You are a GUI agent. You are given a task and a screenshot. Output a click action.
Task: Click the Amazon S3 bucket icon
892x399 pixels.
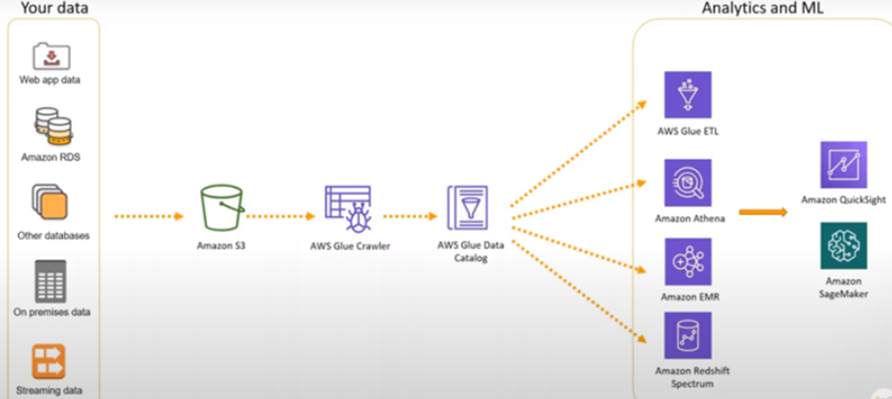(220, 210)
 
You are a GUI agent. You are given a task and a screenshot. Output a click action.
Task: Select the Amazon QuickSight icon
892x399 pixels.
(843, 165)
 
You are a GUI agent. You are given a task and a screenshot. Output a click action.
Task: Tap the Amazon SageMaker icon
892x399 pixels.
(843, 246)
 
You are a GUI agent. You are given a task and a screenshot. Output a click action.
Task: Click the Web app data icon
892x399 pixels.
(49, 55)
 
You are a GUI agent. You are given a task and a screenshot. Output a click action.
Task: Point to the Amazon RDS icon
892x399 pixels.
(49, 126)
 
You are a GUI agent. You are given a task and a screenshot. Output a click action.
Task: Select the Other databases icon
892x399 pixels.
(49, 202)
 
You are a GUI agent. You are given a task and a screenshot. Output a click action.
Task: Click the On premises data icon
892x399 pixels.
(50, 280)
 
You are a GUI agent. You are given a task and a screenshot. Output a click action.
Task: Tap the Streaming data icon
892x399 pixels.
(49, 361)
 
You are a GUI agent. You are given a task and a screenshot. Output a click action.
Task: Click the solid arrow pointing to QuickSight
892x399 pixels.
(763, 212)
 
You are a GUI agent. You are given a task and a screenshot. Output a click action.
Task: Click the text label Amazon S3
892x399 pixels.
(220, 246)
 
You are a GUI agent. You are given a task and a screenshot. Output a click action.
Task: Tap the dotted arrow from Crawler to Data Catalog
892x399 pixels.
(409, 217)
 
